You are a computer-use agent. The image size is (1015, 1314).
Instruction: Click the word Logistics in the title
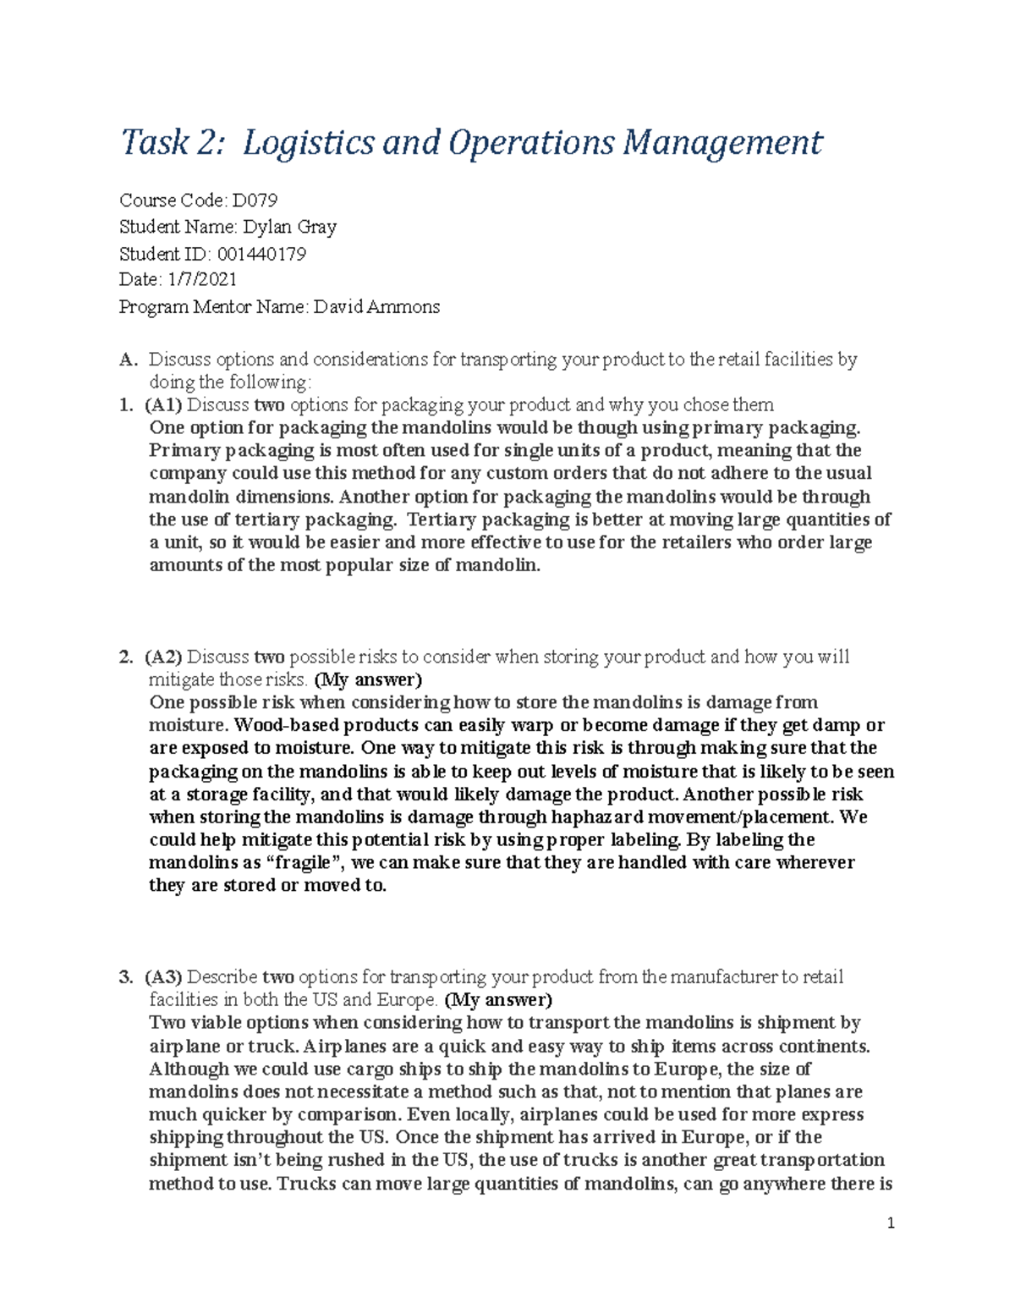tap(308, 142)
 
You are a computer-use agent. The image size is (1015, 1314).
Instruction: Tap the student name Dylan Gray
tap(290, 227)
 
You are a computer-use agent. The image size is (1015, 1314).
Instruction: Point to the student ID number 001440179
tap(261, 254)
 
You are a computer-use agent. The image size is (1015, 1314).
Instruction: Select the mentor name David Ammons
tap(376, 306)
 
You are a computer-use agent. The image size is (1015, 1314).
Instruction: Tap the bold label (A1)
tap(163, 404)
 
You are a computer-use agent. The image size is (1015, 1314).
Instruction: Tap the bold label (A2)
tap(163, 657)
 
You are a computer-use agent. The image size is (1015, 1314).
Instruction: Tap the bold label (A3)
tap(163, 977)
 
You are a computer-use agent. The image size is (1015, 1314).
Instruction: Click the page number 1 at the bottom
tap(891, 1223)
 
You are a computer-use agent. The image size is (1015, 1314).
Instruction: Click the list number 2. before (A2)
tap(126, 657)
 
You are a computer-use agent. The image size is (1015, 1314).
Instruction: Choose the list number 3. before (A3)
tap(126, 977)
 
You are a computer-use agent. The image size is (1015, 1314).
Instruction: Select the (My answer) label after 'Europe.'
tap(498, 1000)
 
